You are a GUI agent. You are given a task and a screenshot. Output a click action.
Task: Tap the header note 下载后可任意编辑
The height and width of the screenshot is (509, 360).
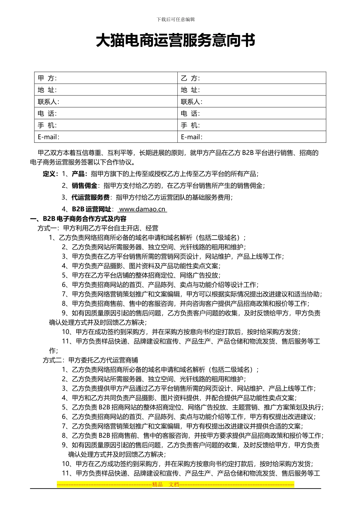click(x=175, y=20)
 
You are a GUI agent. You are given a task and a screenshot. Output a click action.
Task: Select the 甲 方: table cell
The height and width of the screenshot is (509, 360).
click(x=106, y=78)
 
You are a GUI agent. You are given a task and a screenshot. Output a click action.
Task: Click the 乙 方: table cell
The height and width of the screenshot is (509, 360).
click(x=252, y=78)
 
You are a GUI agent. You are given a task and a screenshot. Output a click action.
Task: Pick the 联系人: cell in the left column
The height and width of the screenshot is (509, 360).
click(x=106, y=101)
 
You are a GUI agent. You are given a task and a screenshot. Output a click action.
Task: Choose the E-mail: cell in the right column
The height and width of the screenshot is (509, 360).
click(x=252, y=137)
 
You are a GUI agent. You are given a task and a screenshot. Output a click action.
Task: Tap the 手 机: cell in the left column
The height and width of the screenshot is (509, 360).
click(x=106, y=125)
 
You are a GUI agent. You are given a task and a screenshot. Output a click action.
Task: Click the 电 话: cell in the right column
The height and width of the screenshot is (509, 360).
click(x=252, y=113)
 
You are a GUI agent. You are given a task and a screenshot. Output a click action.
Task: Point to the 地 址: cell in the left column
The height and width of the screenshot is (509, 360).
click(x=106, y=90)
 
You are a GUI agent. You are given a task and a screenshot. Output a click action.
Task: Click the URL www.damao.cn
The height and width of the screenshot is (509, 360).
click(x=142, y=209)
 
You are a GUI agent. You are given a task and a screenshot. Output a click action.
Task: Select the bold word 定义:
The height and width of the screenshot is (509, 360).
click(x=50, y=174)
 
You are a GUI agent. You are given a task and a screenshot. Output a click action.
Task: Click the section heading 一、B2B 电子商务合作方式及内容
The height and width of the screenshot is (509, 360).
click(x=78, y=219)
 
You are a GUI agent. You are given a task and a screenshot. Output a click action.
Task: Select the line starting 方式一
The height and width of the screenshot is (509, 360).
click(x=98, y=228)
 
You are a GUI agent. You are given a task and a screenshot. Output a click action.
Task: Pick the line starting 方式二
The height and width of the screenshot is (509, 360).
click(x=90, y=360)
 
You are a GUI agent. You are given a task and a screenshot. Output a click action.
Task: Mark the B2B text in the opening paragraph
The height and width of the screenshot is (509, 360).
click(x=247, y=153)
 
